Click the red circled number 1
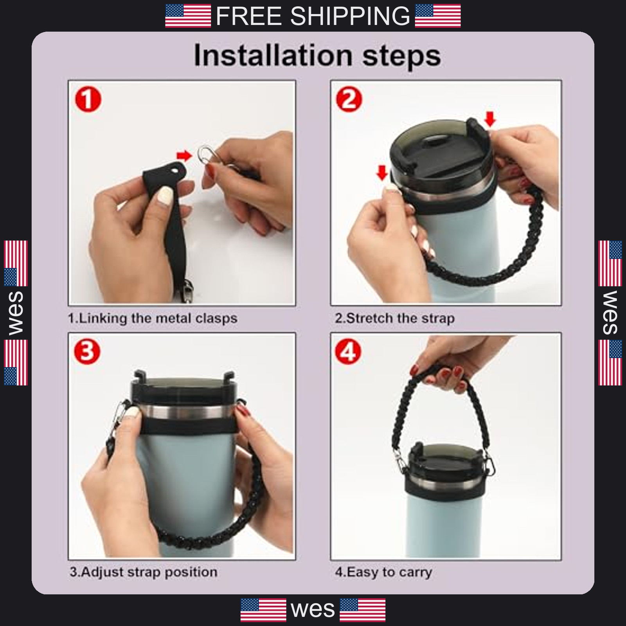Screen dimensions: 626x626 coord(88,99)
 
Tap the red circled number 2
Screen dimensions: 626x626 coord(349,99)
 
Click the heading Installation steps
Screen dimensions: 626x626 coord(317,56)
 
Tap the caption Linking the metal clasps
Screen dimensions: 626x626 coord(153,318)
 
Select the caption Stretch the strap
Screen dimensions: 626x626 coord(395,318)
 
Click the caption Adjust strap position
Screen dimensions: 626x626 coord(144,572)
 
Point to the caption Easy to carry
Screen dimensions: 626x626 coord(383,572)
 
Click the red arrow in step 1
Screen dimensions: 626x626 coord(184,156)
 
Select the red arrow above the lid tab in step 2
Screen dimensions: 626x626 coord(490,119)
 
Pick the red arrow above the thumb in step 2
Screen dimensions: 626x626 coord(382,173)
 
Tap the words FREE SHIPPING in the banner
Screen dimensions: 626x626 coord(313,16)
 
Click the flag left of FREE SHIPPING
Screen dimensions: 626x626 coord(188,16)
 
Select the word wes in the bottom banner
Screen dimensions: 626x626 coord(313,610)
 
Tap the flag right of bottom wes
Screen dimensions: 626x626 coord(363,610)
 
